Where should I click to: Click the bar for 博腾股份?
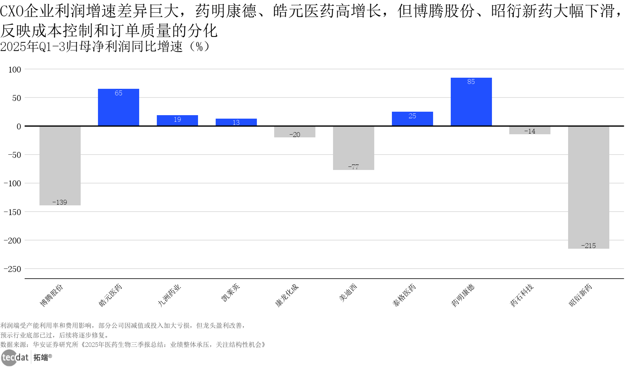(x=60, y=165)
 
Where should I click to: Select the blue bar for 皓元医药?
(x=118, y=107)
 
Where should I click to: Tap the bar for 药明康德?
(x=471, y=102)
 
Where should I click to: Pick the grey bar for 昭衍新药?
(x=588, y=187)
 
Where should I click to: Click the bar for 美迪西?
(x=353, y=148)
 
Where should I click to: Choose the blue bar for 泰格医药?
(x=412, y=119)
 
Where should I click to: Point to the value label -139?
(x=60, y=202)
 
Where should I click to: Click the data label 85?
(x=471, y=82)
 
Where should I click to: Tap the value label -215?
(x=588, y=246)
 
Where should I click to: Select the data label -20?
(x=295, y=135)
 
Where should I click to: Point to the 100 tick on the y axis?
(x=15, y=70)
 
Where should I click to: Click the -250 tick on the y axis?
(x=12, y=269)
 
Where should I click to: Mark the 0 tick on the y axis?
(x=19, y=127)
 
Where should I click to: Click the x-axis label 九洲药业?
(x=169, y=296)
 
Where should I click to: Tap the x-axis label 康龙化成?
(x=287, y=296)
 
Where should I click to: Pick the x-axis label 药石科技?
(x=522, y=296)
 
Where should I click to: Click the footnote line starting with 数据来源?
(x=133, y=345)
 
